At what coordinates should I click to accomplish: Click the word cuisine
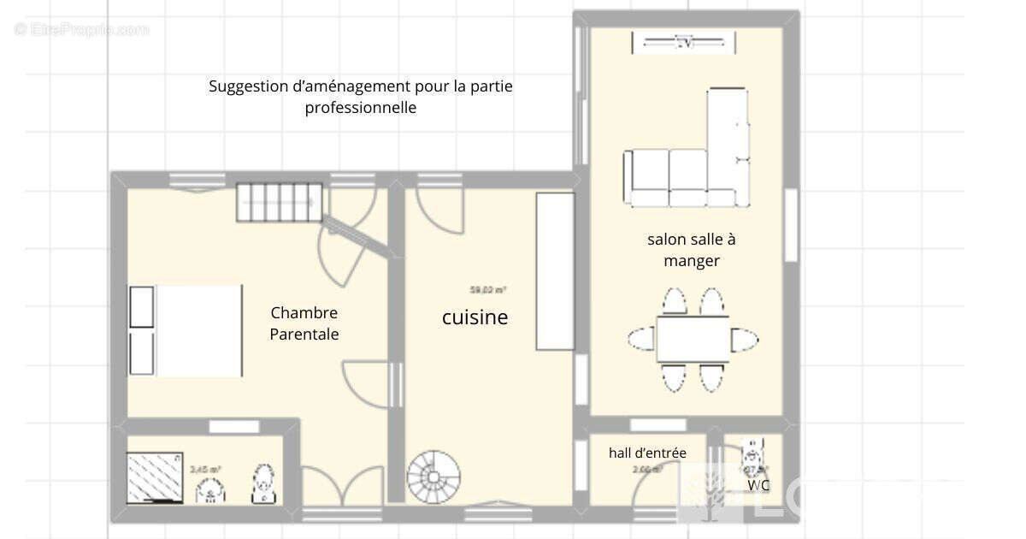[475, 317]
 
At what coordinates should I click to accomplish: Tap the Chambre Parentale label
[304, 323]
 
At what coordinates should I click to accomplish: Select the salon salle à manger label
[691, 250]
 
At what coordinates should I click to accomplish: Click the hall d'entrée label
[647, 453]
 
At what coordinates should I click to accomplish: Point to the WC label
[758, 485]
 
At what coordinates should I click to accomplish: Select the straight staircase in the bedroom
[280, 203]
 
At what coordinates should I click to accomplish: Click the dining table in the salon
[693, 340]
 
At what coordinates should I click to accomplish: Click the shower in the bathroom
[155, 476]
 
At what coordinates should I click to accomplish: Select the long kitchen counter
[555, 270]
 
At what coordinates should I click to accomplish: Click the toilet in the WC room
[754, 453]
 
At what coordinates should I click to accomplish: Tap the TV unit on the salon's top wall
[682, 41]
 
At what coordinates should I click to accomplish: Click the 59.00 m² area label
[487, 290]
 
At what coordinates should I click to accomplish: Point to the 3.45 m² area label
[205, 469]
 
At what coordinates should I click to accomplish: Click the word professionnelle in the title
[361, 108]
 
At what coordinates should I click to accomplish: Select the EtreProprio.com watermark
[81, 29]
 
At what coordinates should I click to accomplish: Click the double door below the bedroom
[343, 489]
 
